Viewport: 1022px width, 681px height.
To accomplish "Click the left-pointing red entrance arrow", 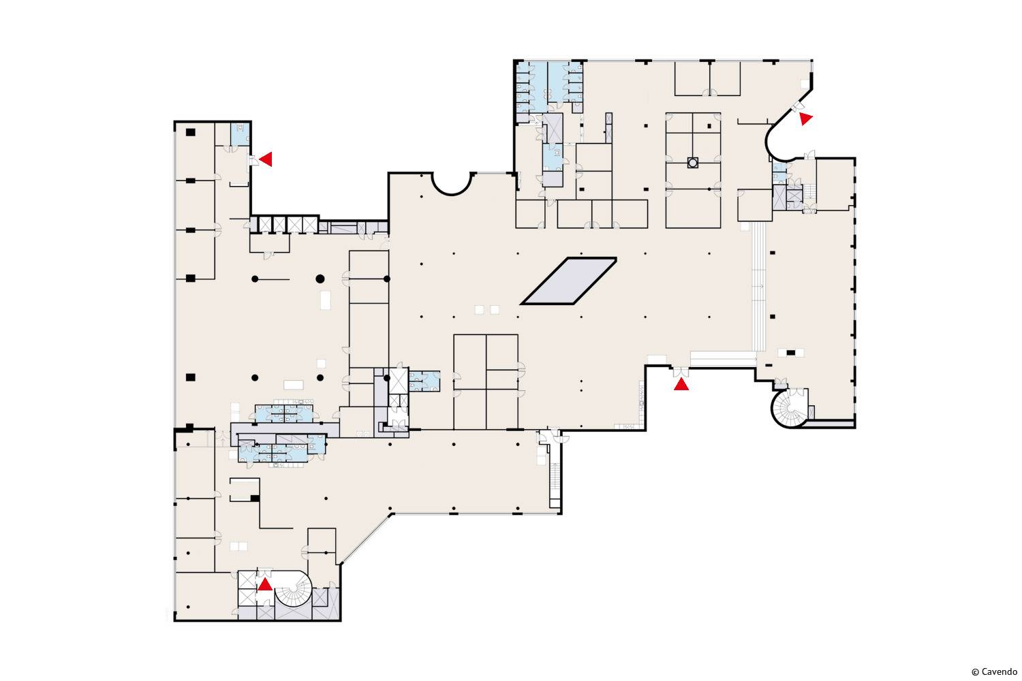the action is pyautogui.click(x=266, y=159).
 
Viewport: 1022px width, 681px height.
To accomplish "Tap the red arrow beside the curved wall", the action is pyautogui.click(x=805, y=118).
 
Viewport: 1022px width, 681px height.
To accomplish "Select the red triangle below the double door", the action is pyautogui.click(x=681, y=384).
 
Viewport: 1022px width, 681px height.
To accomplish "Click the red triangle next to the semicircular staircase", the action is pyautogui.click(x=265, y=584).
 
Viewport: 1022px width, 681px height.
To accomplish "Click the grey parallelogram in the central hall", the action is pyautogui.click(x=569, y=281).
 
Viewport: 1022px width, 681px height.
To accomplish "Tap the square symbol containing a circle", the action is pyautogui.click(x=693, y=162).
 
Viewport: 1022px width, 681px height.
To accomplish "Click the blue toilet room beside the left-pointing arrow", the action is pyautogui.click(x=240, y=134).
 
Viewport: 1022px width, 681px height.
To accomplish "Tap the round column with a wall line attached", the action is pyautogui.click(x=255, y=279).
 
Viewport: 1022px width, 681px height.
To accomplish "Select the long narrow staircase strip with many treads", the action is pyautogui.click(x=759, y=287).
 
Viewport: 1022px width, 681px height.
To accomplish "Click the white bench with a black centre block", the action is pyautogui.click(x=790, y=353).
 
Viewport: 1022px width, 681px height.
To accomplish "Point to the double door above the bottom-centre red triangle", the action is pyautogui.click(x=681, y=372).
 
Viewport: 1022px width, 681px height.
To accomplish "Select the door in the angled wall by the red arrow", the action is pyautogui.click(x=799, y=107).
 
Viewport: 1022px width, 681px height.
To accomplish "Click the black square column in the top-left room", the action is pyautogui.click(x=191, y=132).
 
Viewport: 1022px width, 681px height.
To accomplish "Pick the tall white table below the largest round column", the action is pyautogui.click(x=325, y=300).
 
